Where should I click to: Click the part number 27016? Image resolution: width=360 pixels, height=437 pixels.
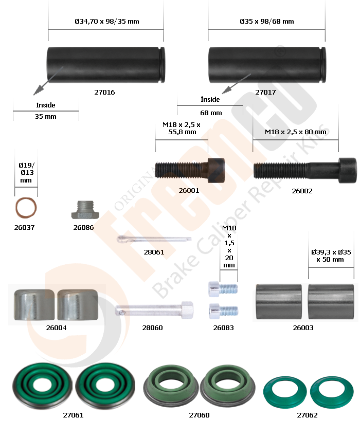click(x=104, y=92)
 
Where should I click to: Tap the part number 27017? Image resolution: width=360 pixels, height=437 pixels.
click(x=265, y=92)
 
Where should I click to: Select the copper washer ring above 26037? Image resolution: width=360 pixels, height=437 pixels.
click(x=26, y=208)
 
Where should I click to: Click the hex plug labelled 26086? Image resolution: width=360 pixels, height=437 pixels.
click(x=85, y=210)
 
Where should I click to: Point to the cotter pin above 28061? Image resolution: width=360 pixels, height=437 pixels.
click(x=154, y=239)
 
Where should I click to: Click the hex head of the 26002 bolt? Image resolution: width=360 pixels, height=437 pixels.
click(x=348, y=170)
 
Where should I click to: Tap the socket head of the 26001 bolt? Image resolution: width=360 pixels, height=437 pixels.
click(x=216, y=170)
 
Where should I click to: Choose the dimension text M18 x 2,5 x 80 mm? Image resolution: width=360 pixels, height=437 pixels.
click(x=295, y=132)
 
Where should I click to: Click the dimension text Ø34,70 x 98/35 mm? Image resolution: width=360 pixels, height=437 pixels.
click(x=107, y=22)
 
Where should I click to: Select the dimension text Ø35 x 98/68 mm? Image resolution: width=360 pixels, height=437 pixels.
click(x=266, y=22)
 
